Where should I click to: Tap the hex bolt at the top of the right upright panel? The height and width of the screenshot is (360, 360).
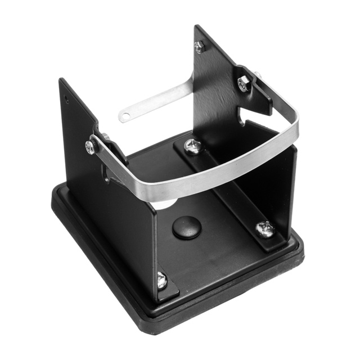[x=199, y=47]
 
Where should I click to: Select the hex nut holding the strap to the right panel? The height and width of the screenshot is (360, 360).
[x=243, y=84]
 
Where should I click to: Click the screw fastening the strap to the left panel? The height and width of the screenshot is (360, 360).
[x=91, y=147]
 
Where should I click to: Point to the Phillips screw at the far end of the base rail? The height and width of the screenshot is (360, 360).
[x=192, y=146]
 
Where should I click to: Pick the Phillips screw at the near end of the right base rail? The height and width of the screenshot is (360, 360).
[x=264, y=228]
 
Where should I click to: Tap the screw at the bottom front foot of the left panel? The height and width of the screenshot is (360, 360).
[x=161, y=280]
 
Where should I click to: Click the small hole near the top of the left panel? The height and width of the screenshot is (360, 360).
[x=67, y=101]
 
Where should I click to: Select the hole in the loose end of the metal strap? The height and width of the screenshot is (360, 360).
[x=125, y=117]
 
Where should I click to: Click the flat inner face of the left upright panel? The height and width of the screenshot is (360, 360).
[x=121, y=225]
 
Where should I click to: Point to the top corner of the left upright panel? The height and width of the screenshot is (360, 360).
[x=61, y=80]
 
